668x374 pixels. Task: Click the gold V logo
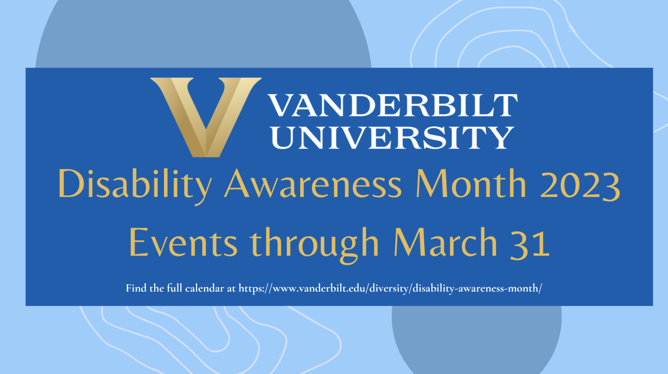tap(206, 117)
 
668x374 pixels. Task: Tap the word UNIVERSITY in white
tap(392, 138)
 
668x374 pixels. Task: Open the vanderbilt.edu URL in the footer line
tap(390, 288)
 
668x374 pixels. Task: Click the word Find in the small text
tap(136, 288)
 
